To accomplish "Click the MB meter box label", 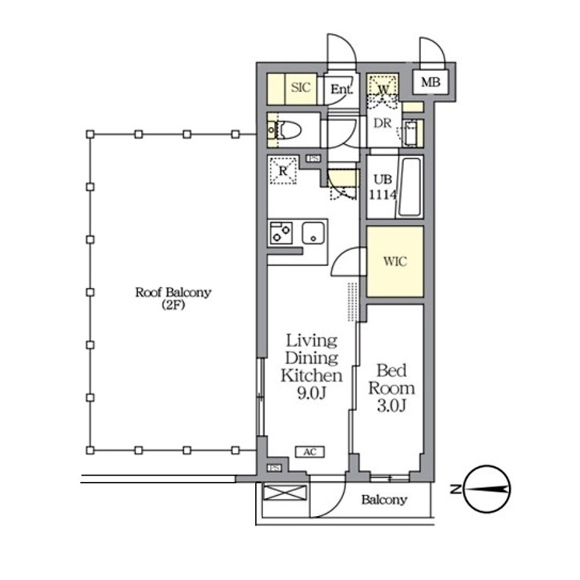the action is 430,82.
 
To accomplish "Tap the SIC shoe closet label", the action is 300,87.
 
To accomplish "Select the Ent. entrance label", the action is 341,89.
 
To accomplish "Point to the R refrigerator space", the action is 283,171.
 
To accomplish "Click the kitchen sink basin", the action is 313,233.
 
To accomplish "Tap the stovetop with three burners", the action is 281,233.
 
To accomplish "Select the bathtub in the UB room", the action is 409,188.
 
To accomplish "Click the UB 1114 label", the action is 383,187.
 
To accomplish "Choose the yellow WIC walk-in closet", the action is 395,261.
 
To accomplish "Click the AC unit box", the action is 310,452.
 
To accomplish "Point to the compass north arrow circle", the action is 487,489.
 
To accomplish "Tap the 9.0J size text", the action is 312,394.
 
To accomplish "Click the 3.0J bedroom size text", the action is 391,406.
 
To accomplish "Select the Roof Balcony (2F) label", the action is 173,298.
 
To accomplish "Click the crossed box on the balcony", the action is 285,493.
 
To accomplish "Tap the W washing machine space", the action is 384,88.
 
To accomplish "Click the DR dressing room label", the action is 382,123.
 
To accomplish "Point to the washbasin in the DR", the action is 411,133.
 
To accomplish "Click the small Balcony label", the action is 384,500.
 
